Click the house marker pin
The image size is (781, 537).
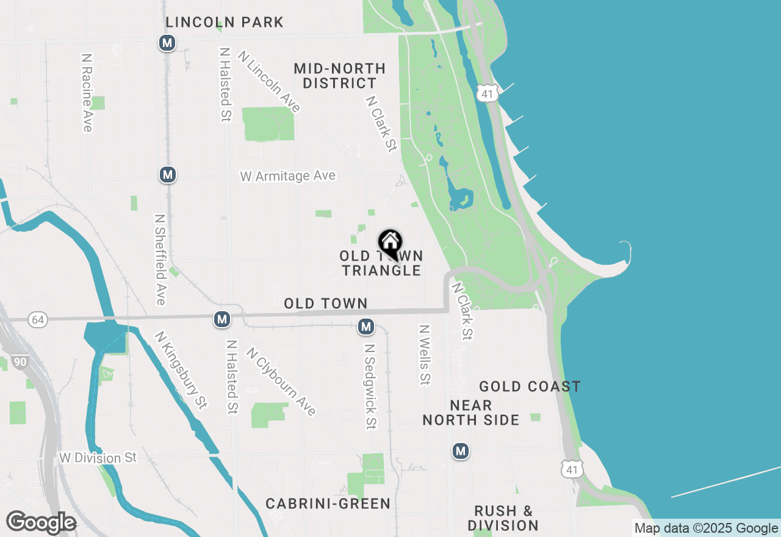tap(390, 243)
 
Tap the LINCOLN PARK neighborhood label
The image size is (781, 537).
tap(225, 23)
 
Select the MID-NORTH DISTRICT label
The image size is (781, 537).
tap(339, 76)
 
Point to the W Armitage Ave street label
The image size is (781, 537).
tap(287, 176)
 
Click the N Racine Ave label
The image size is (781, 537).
tap(87, 93)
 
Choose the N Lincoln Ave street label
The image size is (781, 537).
tap(270, 81)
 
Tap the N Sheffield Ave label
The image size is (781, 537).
tap(160, 259)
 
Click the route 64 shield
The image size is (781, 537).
tap(38, 320)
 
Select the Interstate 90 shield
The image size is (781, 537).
tap(20, 362)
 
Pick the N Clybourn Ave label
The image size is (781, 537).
tap(281, 381)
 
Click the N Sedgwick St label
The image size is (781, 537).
tap(369, 386)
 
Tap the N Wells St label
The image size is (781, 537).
tap(425, 355)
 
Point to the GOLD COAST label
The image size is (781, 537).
tap(530, 386)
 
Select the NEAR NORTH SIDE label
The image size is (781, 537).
tap(471, 413)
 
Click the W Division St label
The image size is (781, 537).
tap(98, 458)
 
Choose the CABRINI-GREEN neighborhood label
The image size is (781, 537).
tap(328, 503)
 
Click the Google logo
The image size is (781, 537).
tap(41, 523)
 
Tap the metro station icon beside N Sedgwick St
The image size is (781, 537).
tap(366, 327)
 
